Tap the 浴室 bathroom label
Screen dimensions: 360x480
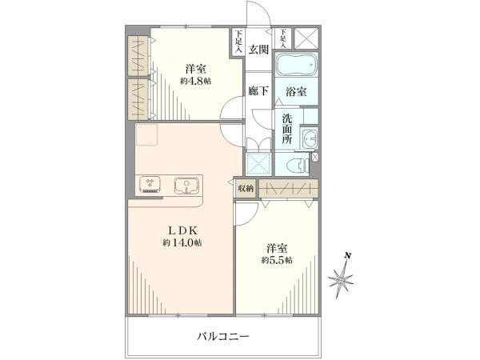point(295,92)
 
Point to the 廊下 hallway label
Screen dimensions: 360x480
point(258,91)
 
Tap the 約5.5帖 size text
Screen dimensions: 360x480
point(277,261)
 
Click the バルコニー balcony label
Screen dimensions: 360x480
point(223,336)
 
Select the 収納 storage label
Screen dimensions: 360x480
point(245,188)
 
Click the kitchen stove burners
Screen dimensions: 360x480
point(150,186)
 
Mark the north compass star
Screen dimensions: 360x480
point(342,280)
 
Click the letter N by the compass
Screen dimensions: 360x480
point(347,256)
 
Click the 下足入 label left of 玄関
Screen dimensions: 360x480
point(238,41)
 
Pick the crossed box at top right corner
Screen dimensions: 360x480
point(306,37)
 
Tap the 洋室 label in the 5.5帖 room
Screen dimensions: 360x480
point(275,247)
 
